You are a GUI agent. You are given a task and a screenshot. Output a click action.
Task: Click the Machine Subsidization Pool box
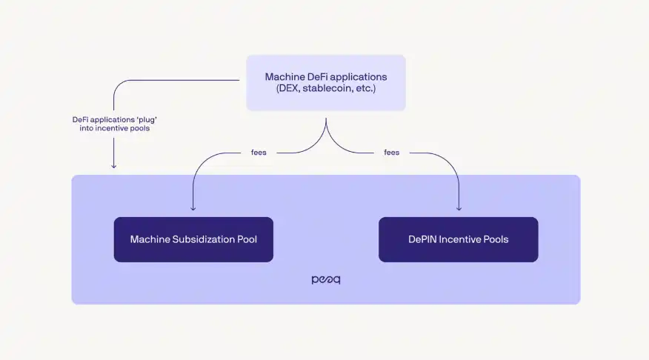[x=193, y=239]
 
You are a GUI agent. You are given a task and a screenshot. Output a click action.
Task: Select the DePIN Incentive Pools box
[x=458, y=239]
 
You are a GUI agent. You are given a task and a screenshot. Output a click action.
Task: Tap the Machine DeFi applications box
[x=326, y=83]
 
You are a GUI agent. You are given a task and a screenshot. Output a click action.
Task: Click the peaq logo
[x=326, y=280]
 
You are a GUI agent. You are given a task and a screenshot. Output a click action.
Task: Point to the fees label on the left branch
[x=259, y=153]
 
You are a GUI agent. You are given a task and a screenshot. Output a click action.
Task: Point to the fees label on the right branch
[x=392, y=153]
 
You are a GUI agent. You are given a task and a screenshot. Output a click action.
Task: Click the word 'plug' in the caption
[x=146, y=119]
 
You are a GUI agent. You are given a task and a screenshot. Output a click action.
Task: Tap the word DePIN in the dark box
[x=422, y=239]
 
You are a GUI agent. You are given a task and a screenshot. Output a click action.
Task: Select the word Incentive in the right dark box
[x=464, y=239]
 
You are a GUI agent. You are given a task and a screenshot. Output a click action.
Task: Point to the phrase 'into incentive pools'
[x=113, y=128]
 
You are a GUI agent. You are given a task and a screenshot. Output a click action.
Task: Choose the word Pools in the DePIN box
[x=497, y=239]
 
